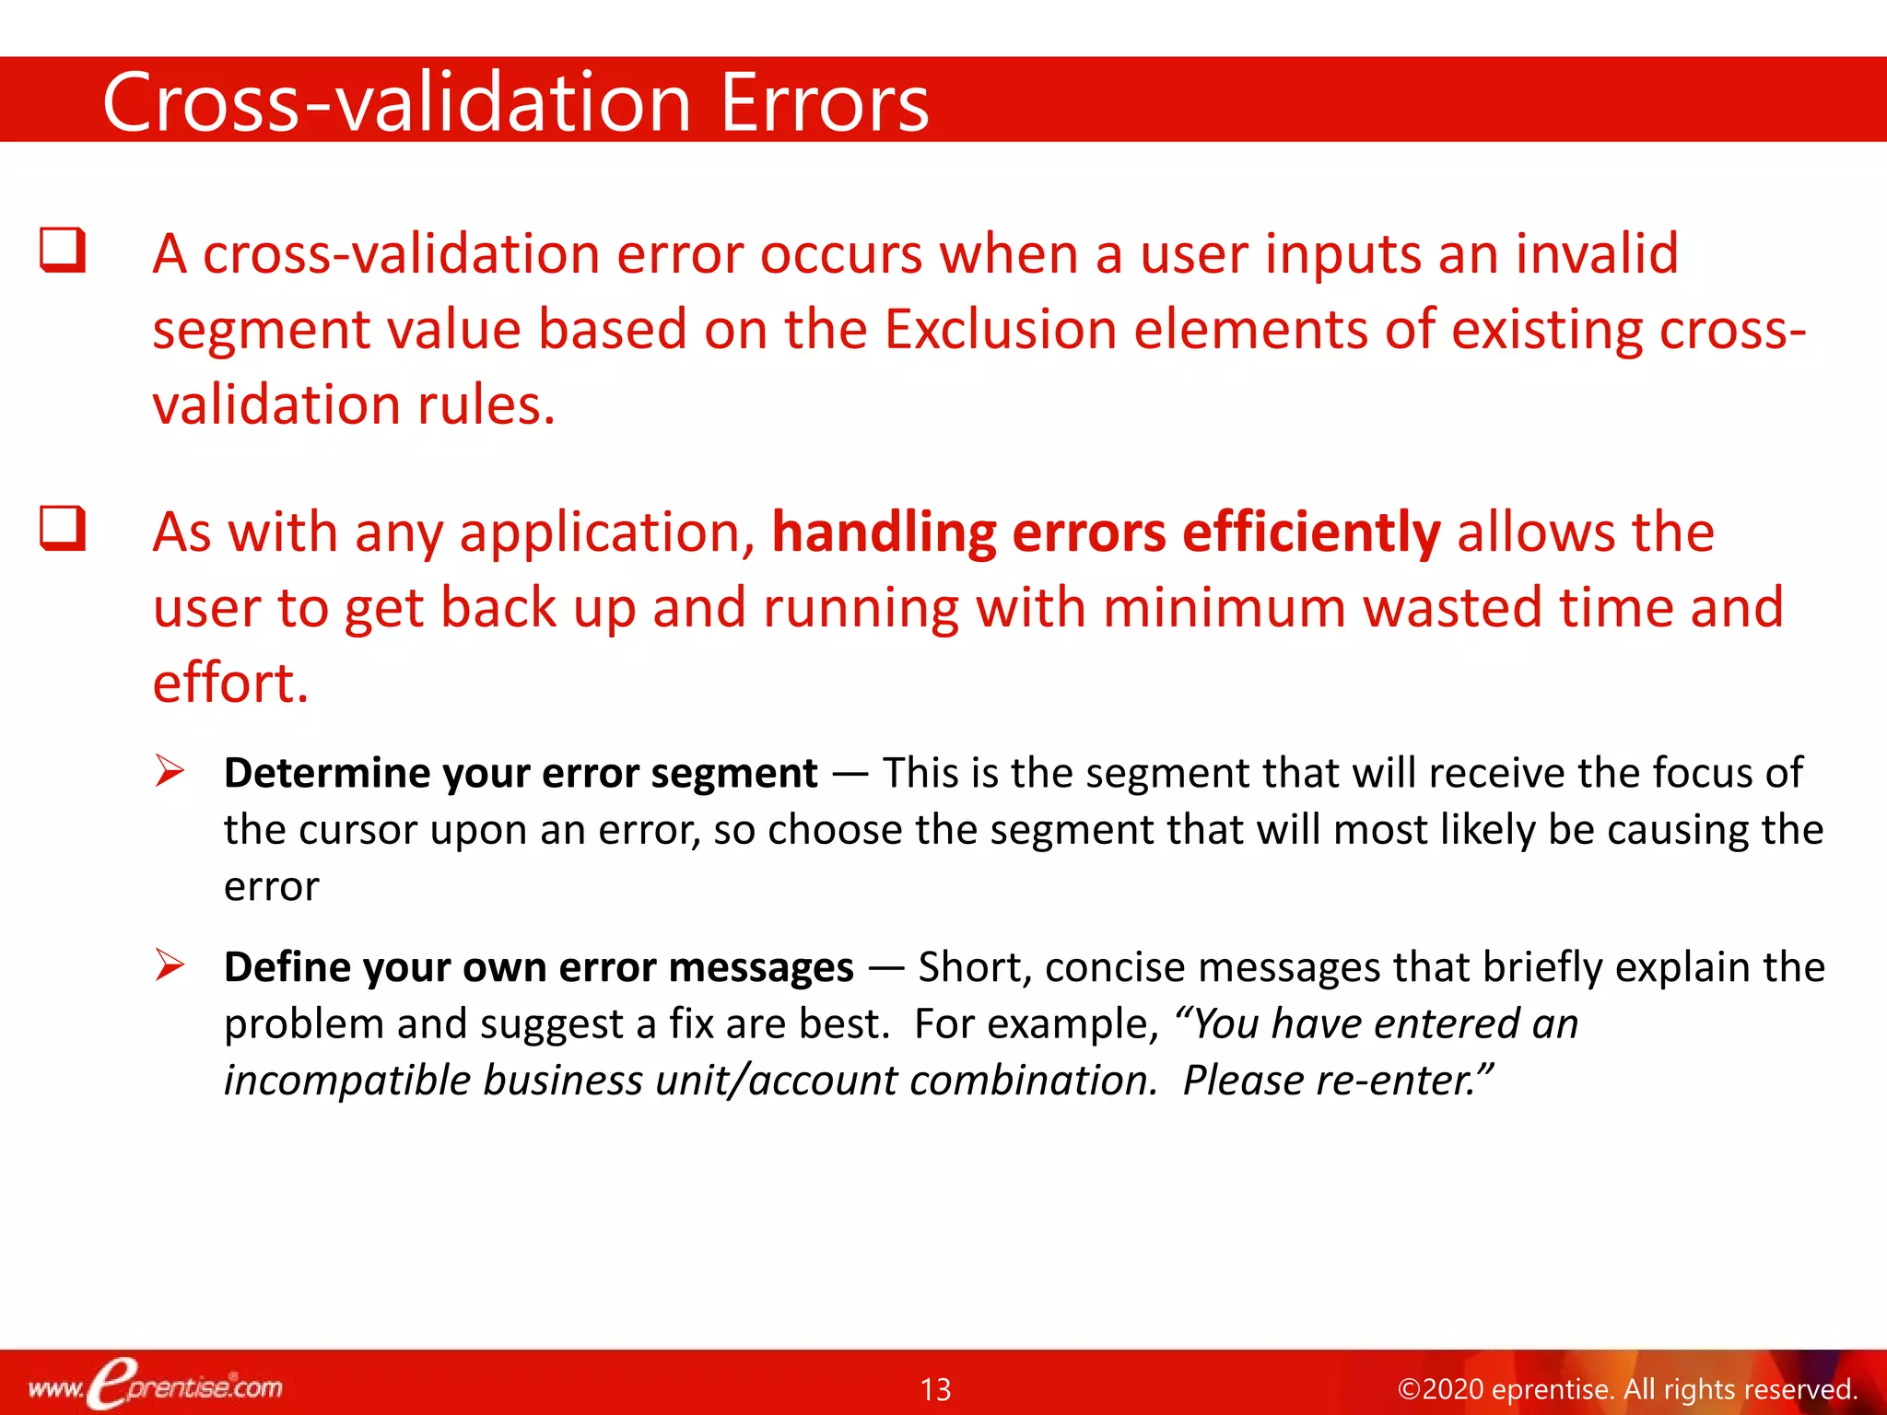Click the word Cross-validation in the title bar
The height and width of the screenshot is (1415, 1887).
tap(396, 102)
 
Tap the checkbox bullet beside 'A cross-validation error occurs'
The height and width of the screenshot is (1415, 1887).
tap(63, 251)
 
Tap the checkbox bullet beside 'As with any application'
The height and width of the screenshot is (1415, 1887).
tap(63, 529)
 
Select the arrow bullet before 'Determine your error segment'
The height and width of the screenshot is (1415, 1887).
tap(170, 770)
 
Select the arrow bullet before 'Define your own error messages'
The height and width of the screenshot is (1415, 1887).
tap(170, 965)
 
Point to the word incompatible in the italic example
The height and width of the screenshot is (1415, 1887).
tap(346, 1081)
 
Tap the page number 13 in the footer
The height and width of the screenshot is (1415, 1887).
tap(935, 1389)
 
